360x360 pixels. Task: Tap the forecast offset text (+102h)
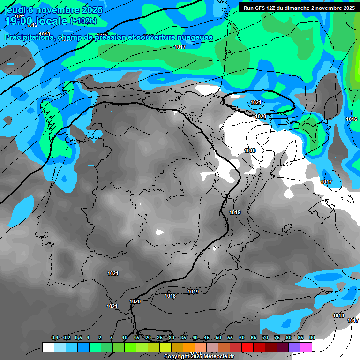click(83, 21)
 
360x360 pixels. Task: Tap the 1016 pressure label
click(352, 120)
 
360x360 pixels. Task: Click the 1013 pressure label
click(45, 34)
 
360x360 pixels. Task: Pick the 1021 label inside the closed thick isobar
click(256, 102)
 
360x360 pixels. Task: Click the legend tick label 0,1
click(54, 338)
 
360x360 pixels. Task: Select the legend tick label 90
click(312, 338)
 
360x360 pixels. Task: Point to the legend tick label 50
click(218, 338)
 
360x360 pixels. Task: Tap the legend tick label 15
click(136, 338)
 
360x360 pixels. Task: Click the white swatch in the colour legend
click(48, 347)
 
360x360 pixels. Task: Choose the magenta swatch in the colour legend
click(306, 347)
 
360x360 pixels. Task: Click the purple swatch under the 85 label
click(294, 347)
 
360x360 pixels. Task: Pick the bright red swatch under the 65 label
click(247, 347)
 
